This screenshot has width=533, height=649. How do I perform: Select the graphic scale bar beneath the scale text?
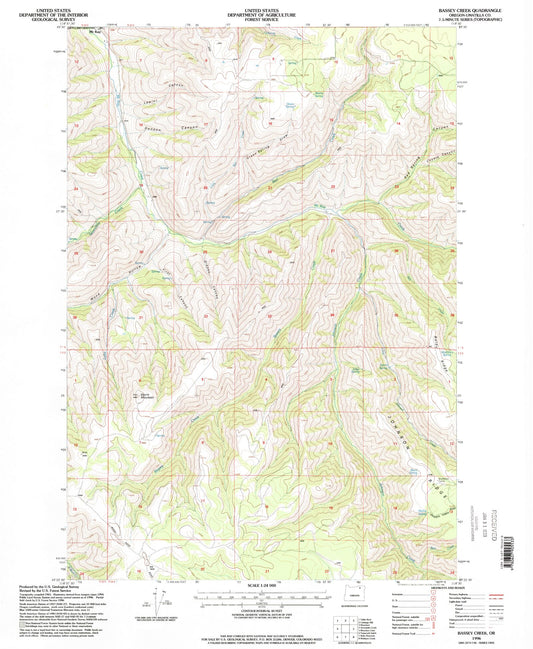264,596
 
